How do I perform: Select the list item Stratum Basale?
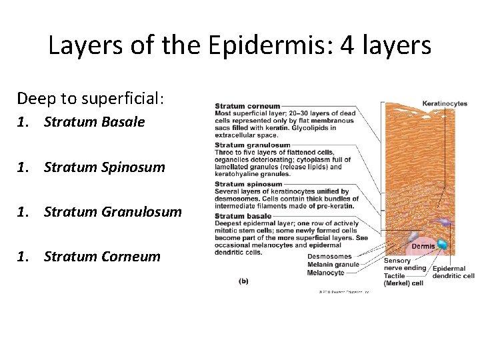point(94,122)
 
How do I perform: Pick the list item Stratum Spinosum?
point(104,167)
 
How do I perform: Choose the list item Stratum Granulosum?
point(113,212)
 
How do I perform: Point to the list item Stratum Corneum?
point(102,257)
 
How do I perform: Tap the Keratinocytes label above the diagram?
point(445,103)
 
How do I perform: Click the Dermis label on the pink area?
point(423,246)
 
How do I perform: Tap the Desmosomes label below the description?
point(329,257)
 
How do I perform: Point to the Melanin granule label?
point(334,265)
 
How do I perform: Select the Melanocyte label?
point(325,273)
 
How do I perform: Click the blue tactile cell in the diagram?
point(441,245)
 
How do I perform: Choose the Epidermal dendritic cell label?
point(453,272)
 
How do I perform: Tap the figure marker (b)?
point(243,281)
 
